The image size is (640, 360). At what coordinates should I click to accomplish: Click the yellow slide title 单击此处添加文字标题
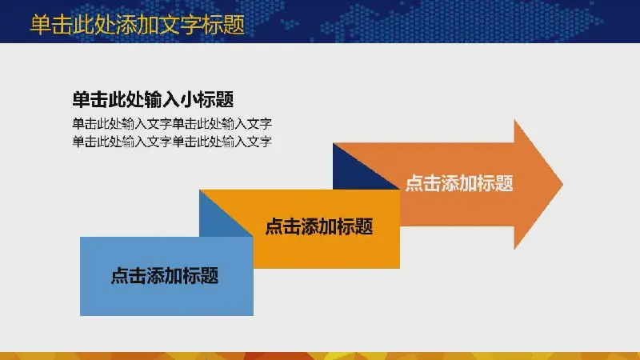point(138,25)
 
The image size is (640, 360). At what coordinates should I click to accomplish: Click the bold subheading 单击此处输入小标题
point(153,99)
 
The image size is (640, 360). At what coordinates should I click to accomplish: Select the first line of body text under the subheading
point(172,123)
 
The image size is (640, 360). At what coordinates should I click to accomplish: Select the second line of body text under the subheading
point(172,142)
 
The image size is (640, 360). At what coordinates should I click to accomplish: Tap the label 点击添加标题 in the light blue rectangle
point(165,275)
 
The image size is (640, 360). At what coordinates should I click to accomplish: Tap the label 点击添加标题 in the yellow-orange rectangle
point(319,226)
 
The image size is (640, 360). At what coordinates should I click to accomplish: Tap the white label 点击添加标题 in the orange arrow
point(459,183)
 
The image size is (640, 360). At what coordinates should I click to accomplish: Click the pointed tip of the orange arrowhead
point(562,185)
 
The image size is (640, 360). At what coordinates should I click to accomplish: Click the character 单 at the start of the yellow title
point(41,25)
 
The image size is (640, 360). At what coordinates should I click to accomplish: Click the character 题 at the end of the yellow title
point(234,25)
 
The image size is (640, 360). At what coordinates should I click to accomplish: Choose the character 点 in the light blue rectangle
point(120,275)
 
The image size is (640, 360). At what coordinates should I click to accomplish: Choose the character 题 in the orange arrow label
point(504,183)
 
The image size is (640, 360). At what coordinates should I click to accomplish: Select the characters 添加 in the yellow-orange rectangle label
point(310,226)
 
